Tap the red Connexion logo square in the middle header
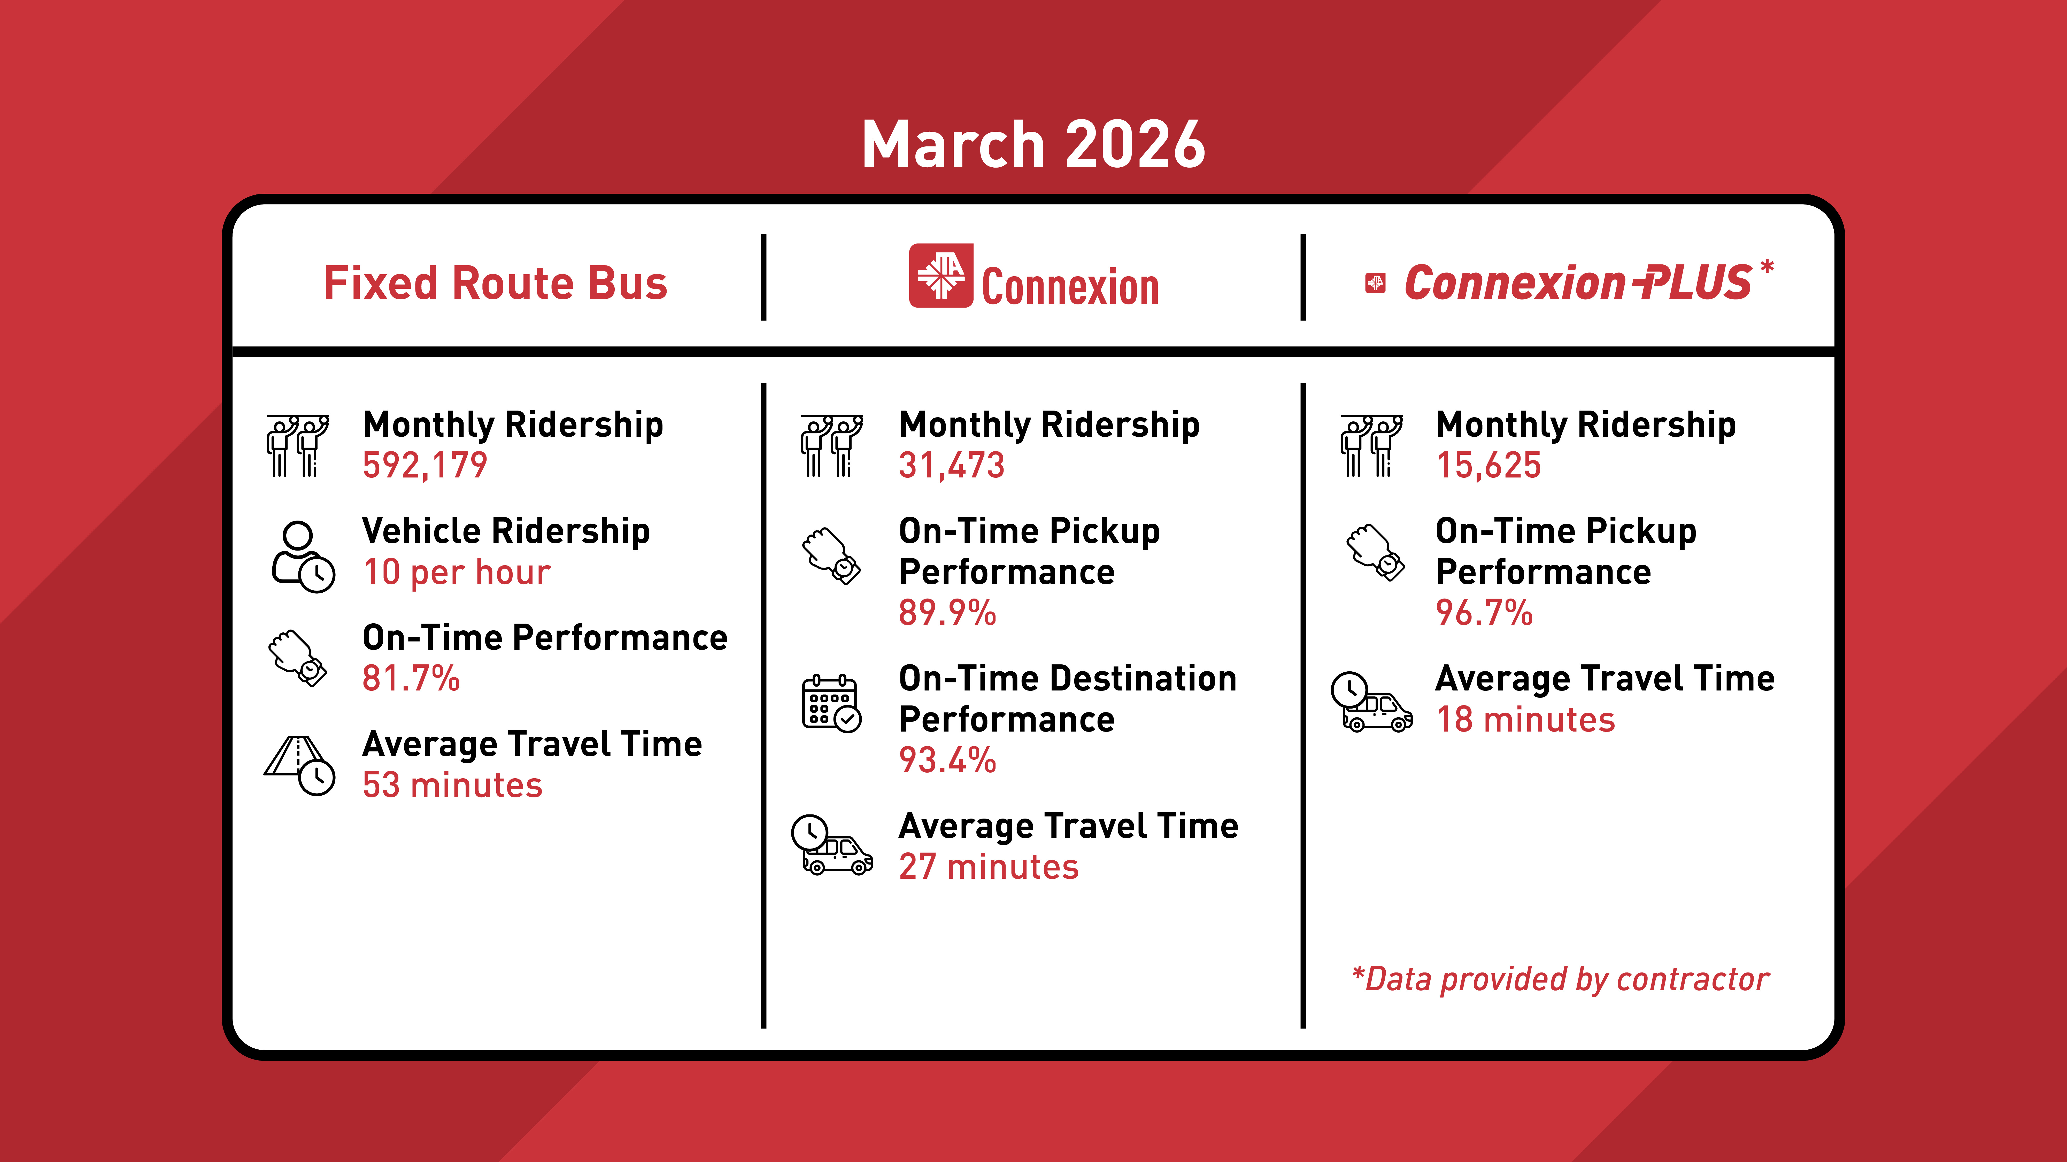click(940, 275)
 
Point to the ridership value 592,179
click(425, 465)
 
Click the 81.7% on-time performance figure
click(411, 678)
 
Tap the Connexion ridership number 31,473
click(952, 465)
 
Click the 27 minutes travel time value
click(989, 867)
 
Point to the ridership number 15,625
click(1488, 465)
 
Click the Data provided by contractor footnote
click(1561, 979)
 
